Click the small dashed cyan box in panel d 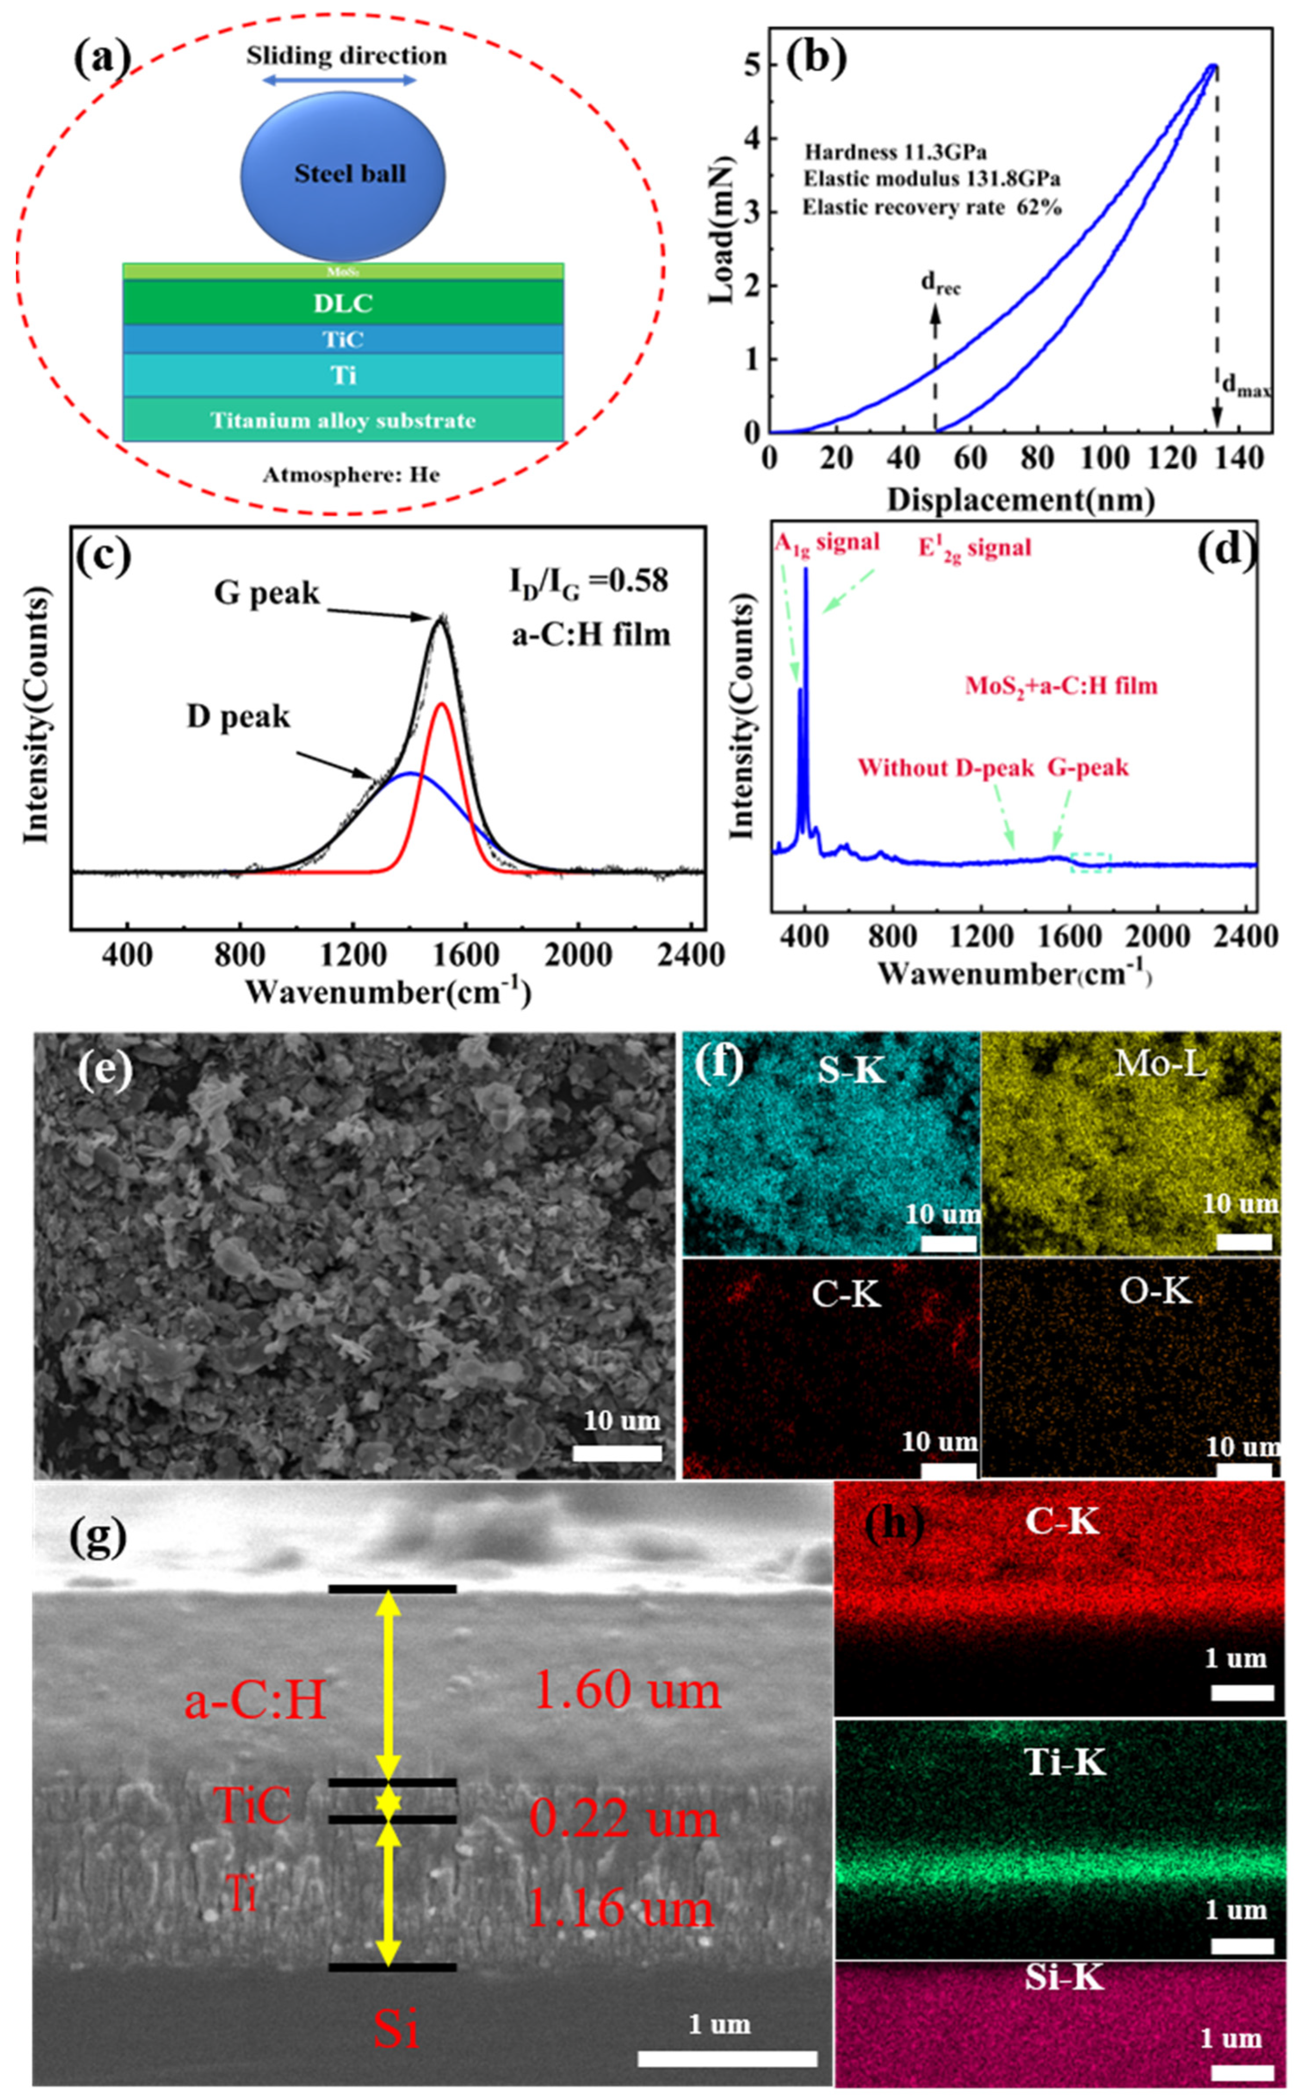tap(1090, 862)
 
